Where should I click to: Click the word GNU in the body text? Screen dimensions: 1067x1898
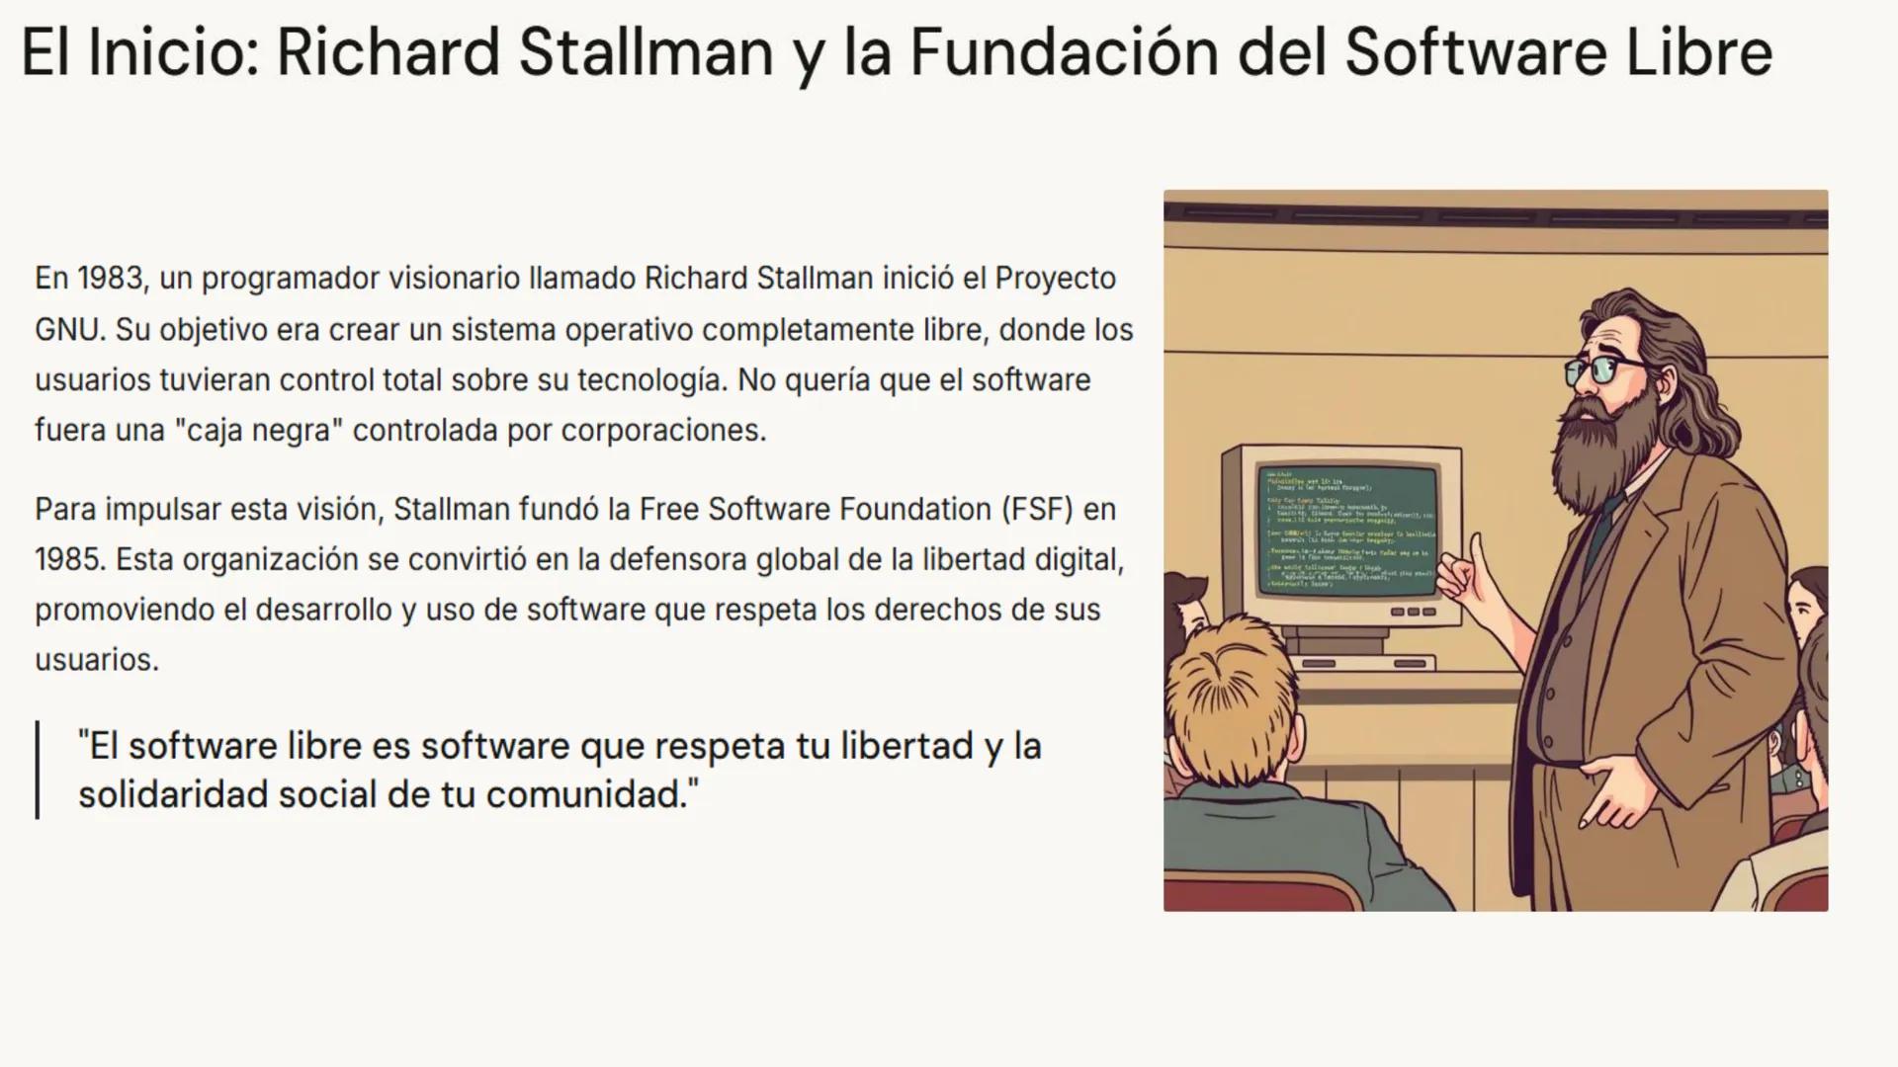68,330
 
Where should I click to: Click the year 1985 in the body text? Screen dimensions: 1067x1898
69,560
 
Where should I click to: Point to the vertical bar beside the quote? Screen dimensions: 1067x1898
38,770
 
